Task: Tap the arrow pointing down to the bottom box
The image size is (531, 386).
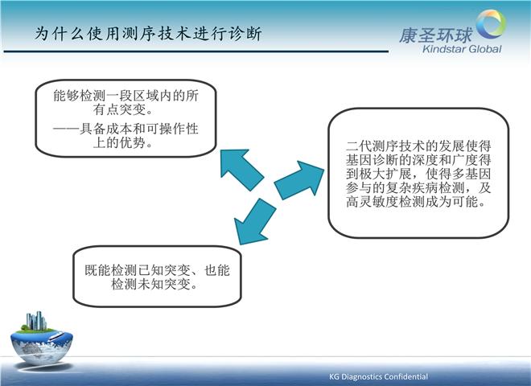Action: (254, 221)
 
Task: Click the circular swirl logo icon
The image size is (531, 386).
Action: (491, 23)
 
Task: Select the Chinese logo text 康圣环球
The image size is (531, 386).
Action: (436, 35)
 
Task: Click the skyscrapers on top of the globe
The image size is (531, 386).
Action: (36, 321)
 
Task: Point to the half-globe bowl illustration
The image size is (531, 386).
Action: (42, 347)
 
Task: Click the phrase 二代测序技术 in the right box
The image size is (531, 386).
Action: (385, 146)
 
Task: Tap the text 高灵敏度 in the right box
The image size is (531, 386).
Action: (373, 202)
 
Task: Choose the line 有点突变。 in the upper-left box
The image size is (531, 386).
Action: (123, 109)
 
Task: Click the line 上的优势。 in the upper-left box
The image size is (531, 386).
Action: (123, 142)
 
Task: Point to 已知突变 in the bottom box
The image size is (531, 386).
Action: (164, 270)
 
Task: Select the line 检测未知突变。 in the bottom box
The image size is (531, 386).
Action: (154, 284)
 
